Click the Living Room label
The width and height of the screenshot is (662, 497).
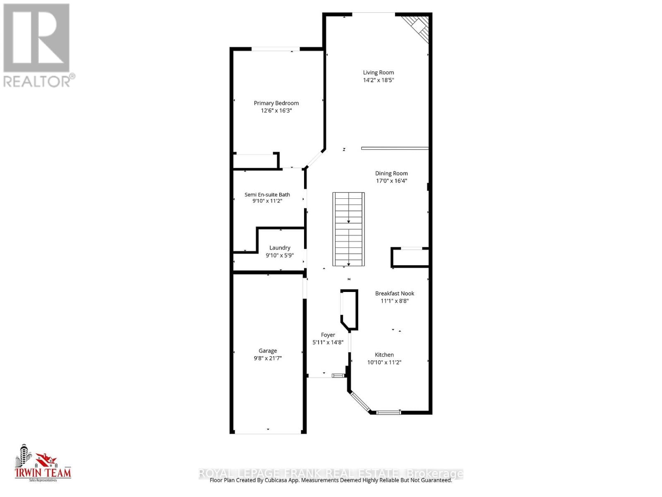378,72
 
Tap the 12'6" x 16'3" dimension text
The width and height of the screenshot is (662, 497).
276,111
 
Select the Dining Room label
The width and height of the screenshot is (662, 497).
391,174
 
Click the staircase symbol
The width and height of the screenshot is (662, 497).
348,229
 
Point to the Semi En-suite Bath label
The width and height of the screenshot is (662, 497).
267,195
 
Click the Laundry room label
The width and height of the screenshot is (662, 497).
280,248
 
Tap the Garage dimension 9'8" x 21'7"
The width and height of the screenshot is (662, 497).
268,358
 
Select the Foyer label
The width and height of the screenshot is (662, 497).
328,335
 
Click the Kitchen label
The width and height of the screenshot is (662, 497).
384,355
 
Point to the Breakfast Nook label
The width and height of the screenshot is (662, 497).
394,294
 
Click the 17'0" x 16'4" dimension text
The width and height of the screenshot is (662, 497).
391,181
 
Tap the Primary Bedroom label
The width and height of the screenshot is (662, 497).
276,103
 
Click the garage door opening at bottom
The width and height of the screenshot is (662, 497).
268,433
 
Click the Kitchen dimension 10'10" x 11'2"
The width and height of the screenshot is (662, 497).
384,362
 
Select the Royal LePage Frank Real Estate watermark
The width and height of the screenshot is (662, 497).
331,473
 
